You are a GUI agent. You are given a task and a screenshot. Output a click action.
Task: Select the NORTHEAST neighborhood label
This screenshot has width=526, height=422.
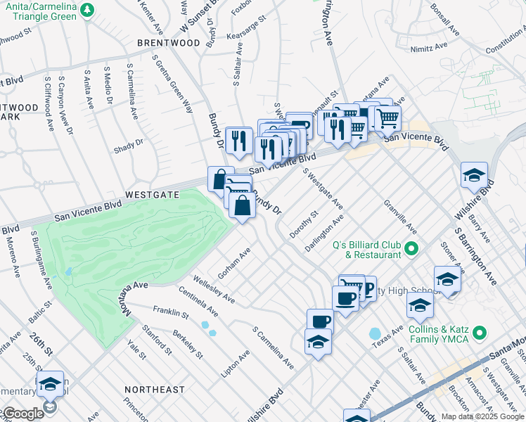(x=155, y=389)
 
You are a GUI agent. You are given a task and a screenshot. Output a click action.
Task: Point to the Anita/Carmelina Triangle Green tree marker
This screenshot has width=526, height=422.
(x=87, y=10)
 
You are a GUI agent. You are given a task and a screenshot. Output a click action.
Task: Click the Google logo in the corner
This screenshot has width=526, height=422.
(x=23, y=414)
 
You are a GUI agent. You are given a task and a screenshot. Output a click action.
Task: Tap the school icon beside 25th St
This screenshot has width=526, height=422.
(x=50, y=385)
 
